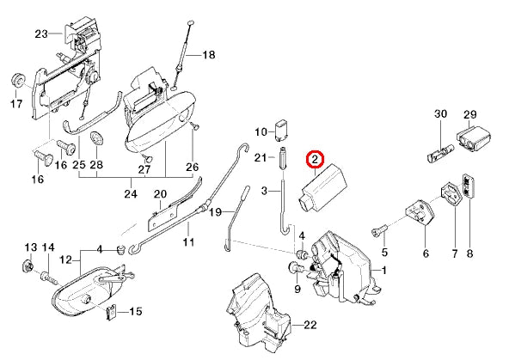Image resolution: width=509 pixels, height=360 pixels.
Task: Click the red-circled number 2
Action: point(316,159)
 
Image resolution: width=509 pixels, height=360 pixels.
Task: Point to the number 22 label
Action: point(310,324)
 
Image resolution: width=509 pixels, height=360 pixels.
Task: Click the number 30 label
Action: point(440,114)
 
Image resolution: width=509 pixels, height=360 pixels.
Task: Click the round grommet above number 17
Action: point(15,80)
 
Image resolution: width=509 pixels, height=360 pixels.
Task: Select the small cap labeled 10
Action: point(280,129)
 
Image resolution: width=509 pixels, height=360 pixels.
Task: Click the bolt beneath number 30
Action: point(438,156)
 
